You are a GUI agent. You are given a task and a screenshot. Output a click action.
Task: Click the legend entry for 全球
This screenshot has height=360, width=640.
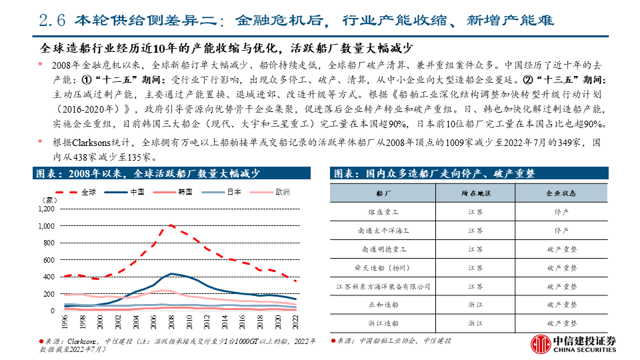[87, 192]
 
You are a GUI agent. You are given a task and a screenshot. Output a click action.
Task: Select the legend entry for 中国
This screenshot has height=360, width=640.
[138, 192]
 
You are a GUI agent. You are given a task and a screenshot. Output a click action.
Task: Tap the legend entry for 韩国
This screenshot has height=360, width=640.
[185, 192]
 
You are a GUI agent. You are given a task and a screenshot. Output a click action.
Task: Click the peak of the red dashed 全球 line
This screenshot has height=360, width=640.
[171, 225]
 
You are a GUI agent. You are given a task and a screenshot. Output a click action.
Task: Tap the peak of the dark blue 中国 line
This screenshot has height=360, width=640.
[171, 273]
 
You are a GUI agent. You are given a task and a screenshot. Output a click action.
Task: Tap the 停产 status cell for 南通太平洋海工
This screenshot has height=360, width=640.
[561, 230]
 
